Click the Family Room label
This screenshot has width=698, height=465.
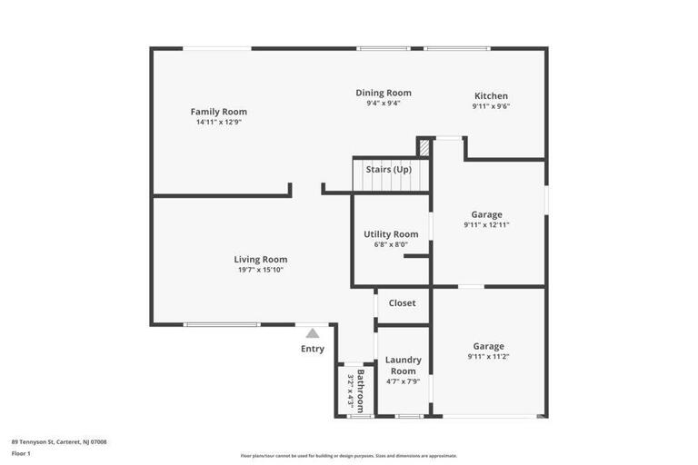coord(218,112)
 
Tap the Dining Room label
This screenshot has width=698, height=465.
coord(383,93)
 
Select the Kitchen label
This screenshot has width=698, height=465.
coord(491,96)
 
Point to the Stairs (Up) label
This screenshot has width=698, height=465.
coord(388,170)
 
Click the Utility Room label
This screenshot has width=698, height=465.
coord(391,234)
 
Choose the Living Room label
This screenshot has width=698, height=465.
coord(261,260)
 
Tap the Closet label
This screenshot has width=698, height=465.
coord(402,303)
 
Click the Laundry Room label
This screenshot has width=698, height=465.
coord(403,365)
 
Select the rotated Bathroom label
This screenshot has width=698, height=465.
coord(361,390)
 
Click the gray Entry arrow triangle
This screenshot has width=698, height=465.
coord(313,333)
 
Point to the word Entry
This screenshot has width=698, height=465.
coord(313,349)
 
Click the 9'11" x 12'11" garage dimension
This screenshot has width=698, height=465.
coord(487,224)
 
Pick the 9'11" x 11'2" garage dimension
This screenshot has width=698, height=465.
coord(488,356)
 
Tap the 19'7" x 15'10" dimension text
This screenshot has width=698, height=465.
coord(261,270)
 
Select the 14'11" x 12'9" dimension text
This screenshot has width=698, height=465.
coord(218,122)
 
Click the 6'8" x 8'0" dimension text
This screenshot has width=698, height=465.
coord(391,244)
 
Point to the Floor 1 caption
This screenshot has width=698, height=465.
coord(21,452)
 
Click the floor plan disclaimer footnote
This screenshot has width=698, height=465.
coord(349,456)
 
